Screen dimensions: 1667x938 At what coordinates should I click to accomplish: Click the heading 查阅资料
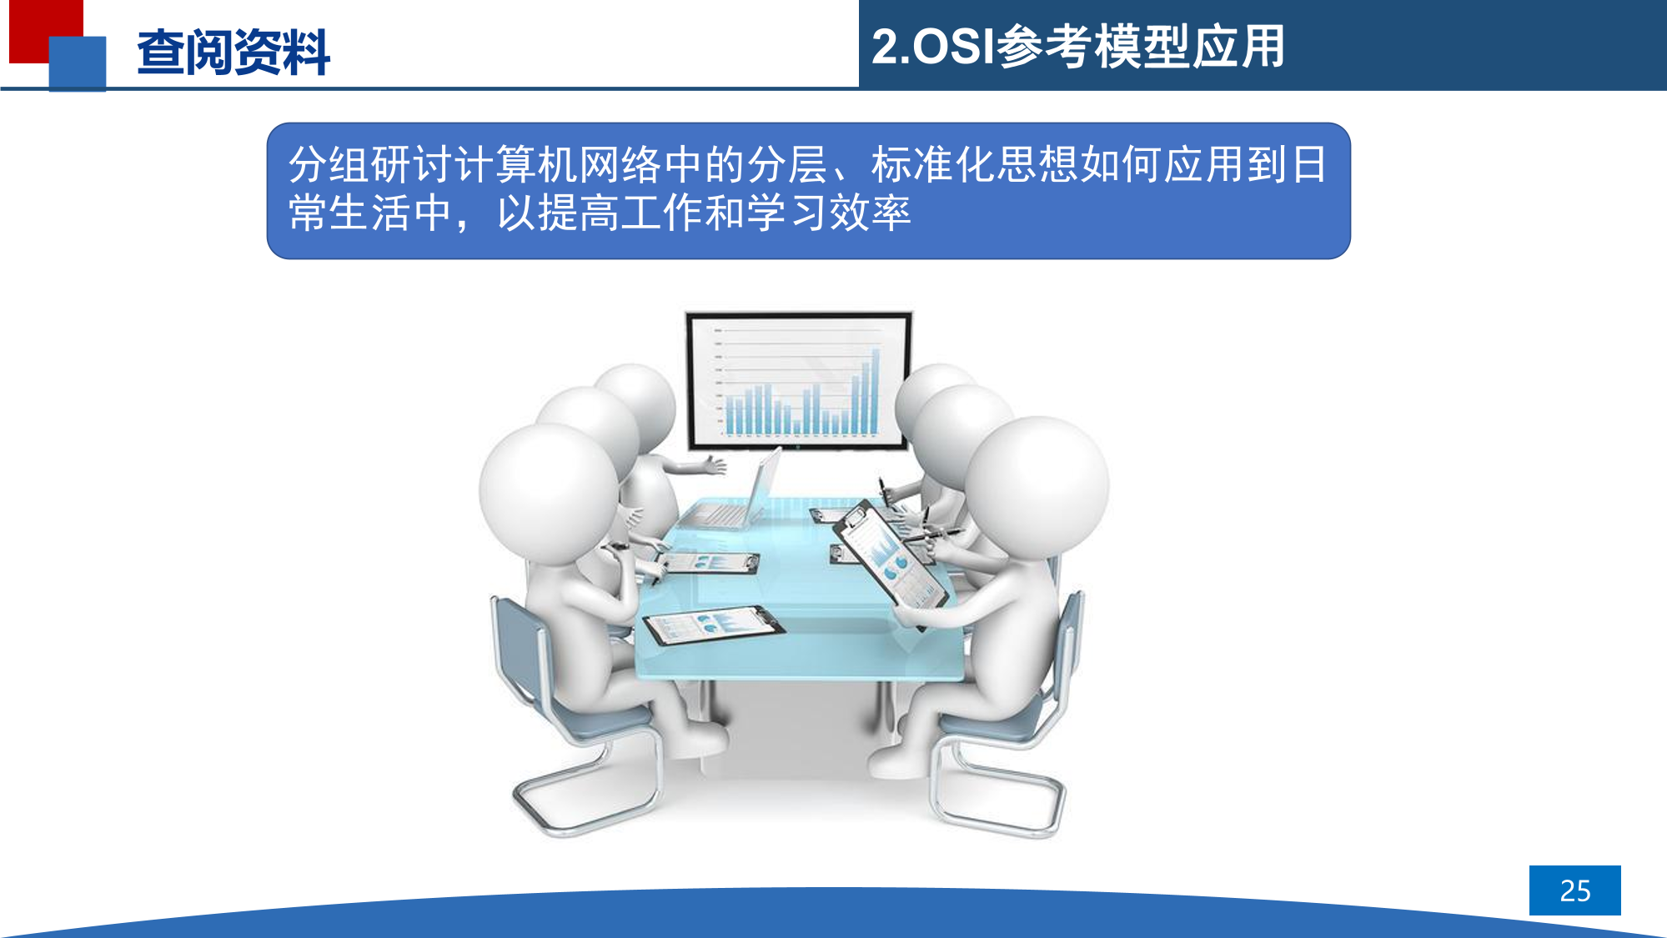233,53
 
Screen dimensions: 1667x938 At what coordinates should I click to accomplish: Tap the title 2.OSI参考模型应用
1077,46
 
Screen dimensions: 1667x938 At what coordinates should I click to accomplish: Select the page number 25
1574,890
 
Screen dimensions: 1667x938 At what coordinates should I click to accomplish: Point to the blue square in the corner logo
78,63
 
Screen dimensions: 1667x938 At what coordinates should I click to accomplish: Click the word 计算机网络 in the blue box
558,164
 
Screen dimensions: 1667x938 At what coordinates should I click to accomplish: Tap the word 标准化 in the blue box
933,164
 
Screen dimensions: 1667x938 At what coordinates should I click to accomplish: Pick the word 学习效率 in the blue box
829,213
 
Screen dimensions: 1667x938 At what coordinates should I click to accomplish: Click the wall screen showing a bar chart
798,380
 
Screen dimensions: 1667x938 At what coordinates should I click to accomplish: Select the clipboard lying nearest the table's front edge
713,624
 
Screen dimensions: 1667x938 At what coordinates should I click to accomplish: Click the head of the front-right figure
1037,488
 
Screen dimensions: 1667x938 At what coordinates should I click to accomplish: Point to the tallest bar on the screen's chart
876,391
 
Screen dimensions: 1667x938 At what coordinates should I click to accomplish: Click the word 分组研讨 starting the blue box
371,164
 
